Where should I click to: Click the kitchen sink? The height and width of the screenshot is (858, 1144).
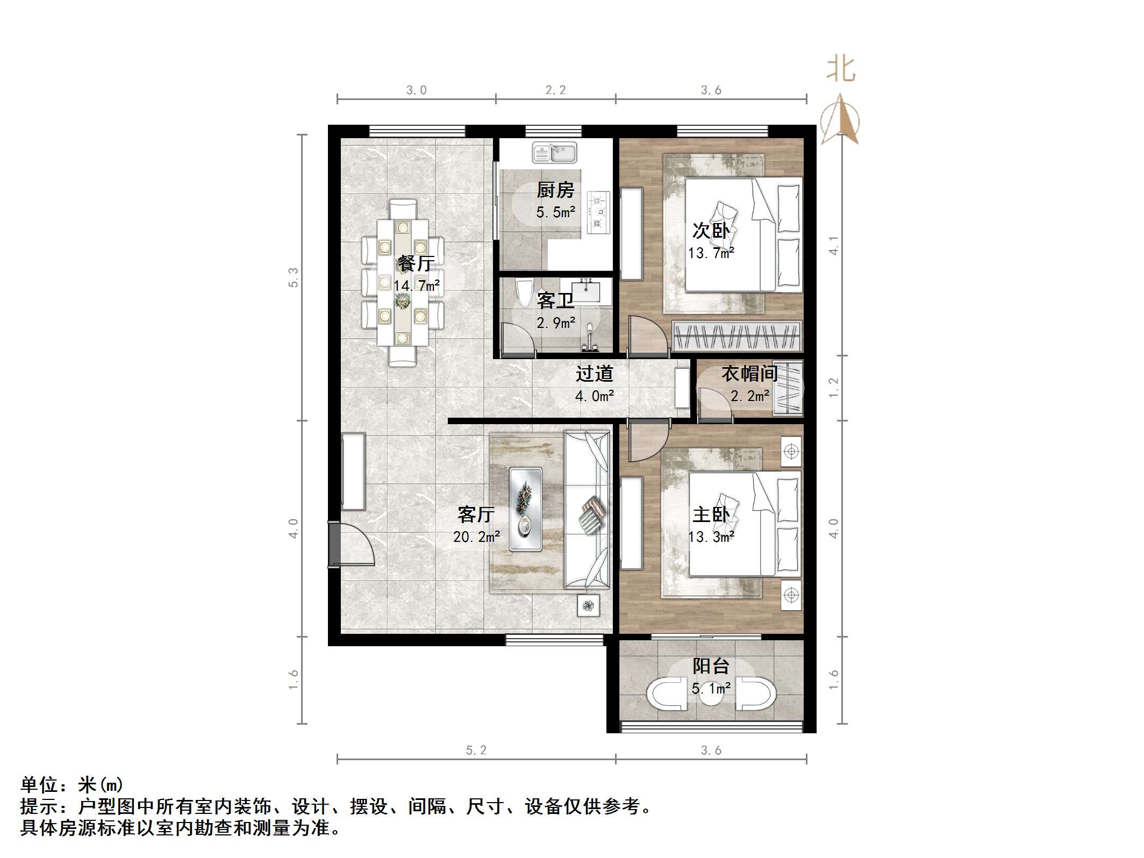click(x=554, y=153)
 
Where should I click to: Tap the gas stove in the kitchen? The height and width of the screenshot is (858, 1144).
click(x=599, y=213)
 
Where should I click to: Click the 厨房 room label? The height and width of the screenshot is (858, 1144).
click(x=555, y=190)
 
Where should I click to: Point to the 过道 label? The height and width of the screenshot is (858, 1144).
click(x=594, y=374)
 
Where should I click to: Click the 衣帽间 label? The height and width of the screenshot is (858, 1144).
click(x=749, y=373)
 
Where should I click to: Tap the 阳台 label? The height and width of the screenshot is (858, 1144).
click(x=711, y=666)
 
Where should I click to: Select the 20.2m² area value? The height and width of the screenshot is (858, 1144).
click(x=477, y=537)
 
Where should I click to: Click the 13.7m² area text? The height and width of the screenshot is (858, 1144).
click(x=711, y=253)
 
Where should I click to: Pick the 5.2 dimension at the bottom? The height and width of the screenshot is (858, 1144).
click(x=476, y=750)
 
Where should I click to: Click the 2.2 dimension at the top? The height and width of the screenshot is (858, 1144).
click(x=555, y=90)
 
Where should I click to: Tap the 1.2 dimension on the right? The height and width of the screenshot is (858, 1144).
click(x=834, y=388)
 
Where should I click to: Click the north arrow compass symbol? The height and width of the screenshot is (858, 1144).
click(x=840, y=119)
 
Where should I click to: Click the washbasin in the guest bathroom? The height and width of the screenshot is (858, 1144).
click(x=585, y=290)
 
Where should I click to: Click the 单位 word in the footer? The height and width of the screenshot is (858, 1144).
click(x=40, y=785)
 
